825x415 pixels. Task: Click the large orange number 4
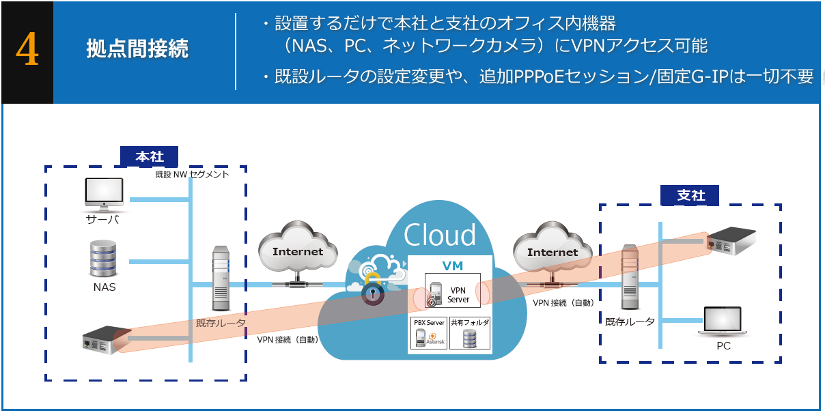tap(27, 51)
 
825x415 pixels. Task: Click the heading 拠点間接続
tap(137, 49)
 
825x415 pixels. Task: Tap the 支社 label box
tap(690, 195)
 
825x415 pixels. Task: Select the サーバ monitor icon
tap(104, 194)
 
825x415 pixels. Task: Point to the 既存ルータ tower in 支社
tap(630, 279)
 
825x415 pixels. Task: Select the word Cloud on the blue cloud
tap(440, 235)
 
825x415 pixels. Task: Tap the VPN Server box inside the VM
tap(448, 292)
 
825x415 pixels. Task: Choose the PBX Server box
tap(428, 333)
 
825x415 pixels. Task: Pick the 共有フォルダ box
tap(470, 333)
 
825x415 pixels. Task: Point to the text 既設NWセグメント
tap(192, 175)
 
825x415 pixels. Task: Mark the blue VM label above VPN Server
tap(453, 266)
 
